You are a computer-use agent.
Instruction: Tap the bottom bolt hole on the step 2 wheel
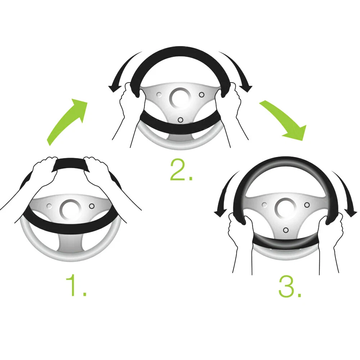tap(180, 120)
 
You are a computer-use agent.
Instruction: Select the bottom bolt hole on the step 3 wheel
tap(285, 230)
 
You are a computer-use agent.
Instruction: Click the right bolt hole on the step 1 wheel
tap(92, 206)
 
